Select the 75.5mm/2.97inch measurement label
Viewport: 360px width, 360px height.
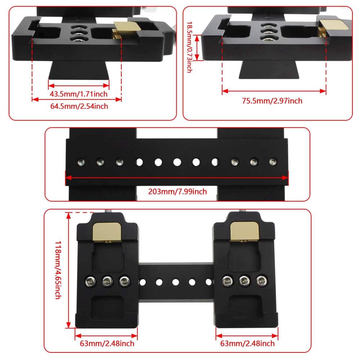[x=272, y=101]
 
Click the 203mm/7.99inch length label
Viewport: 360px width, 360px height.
[x=177, y=191]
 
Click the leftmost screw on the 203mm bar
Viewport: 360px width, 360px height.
[x=80, y=162]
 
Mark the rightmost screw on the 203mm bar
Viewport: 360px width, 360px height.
[x=273, y=161]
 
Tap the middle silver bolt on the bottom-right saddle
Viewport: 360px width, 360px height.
[x=245, y=280]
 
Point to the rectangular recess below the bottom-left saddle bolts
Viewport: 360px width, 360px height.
[x=107, y=306]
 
